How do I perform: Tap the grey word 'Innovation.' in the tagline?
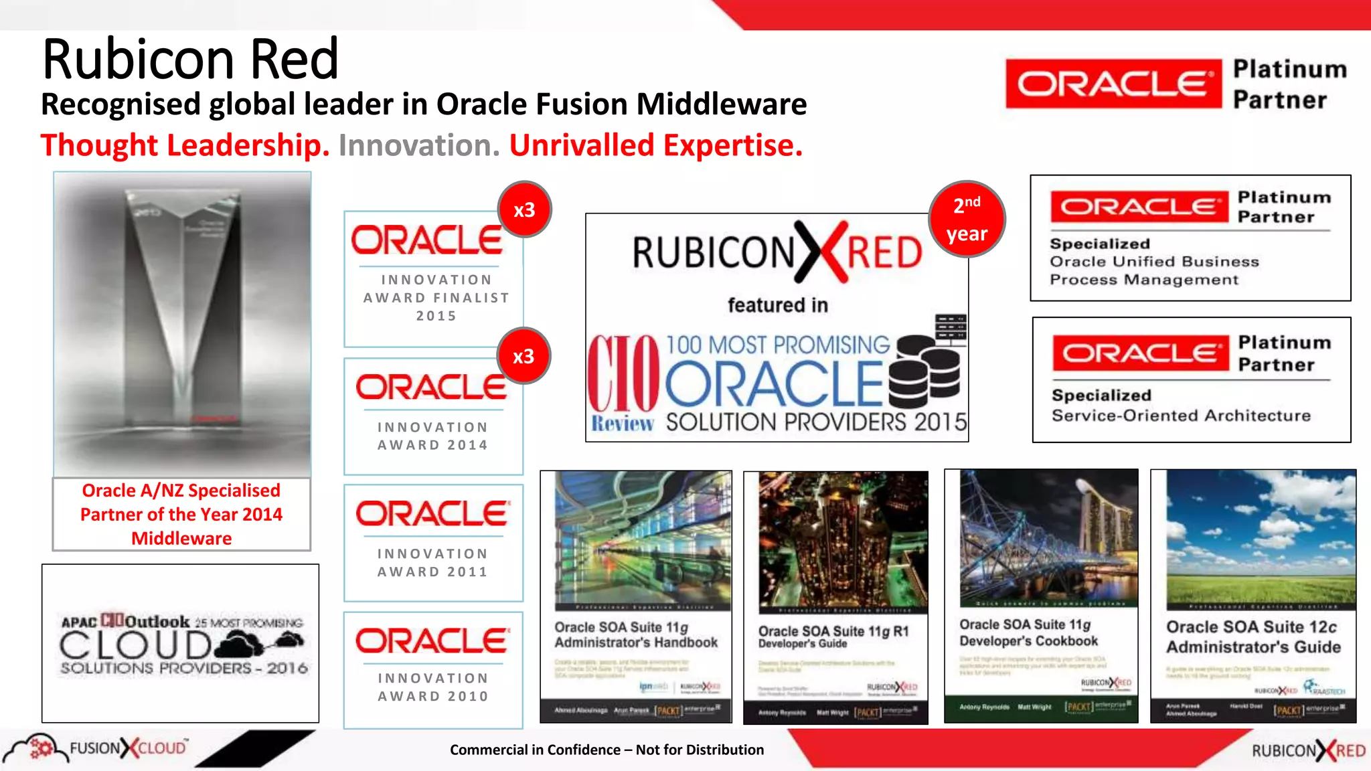[419, 145]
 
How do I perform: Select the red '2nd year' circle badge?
[967, 219]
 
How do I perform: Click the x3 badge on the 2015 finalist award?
[524, 209]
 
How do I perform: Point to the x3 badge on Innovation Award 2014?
[523, 356]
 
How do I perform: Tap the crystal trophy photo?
[182, 324]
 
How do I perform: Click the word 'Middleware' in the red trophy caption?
[181, 538]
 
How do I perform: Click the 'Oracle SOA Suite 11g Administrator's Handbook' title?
[635, 634]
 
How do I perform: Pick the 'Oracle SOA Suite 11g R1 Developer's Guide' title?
[833, 636]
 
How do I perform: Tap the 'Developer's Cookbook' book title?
[1028, 640]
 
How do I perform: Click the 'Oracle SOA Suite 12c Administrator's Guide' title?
[1253, 636]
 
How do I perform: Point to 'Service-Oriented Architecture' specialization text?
[1181, 416]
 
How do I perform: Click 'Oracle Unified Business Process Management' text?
[1153, 270]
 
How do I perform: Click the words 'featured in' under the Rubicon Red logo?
[777, 305]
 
